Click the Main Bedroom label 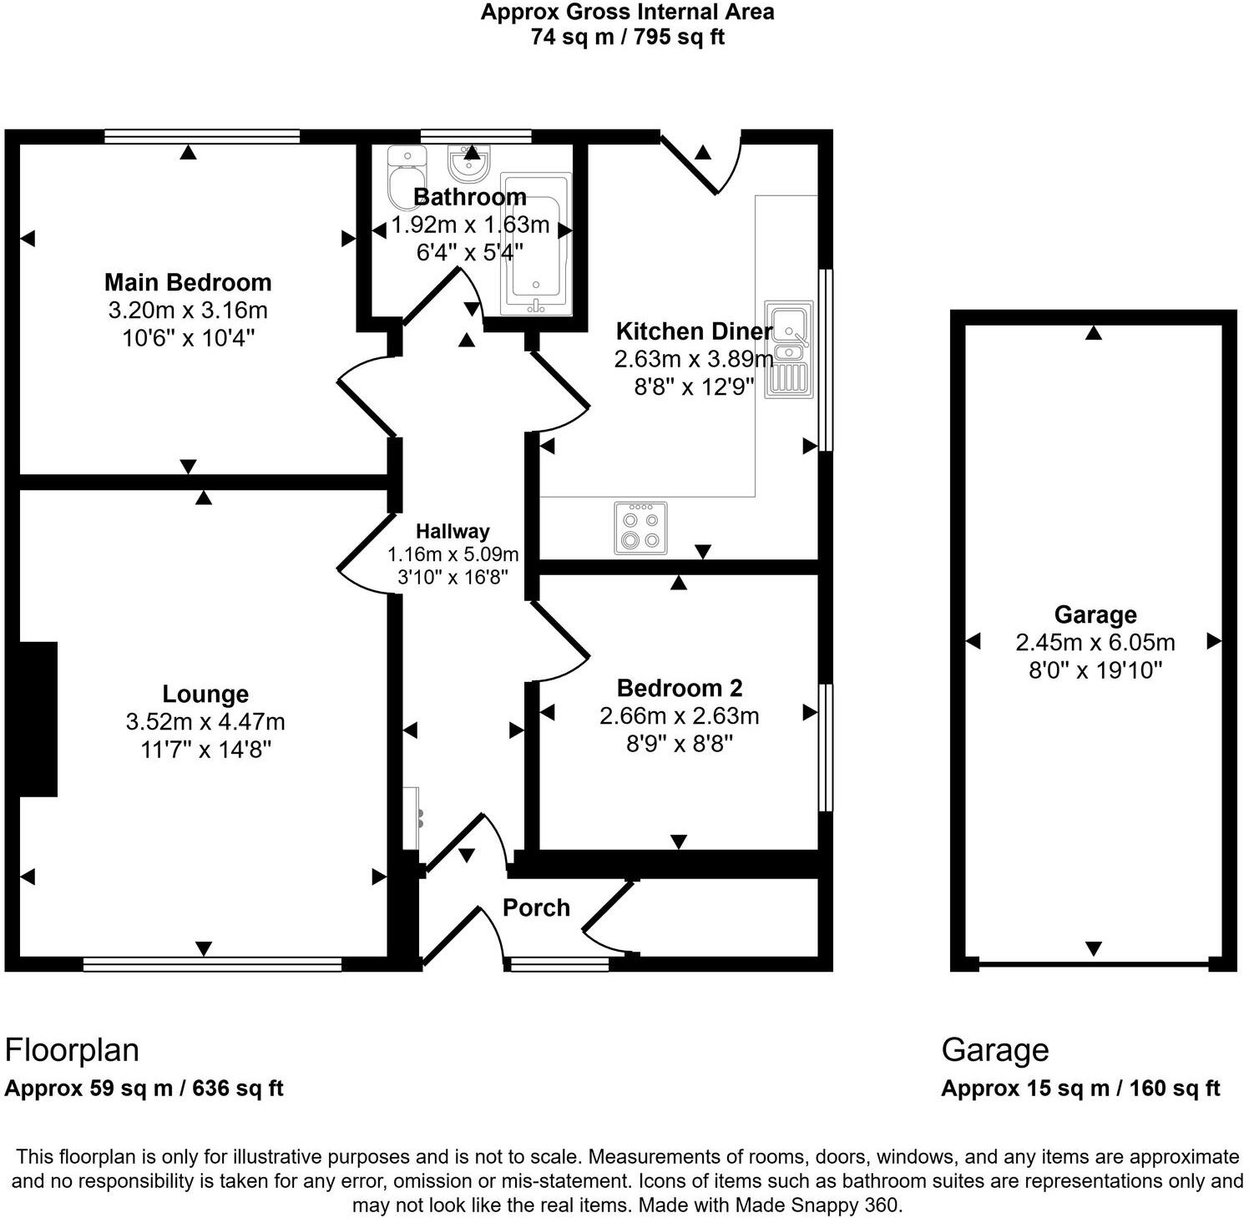tap(188, 282)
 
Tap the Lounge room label tap(205, 694)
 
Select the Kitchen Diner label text tap(694, 331)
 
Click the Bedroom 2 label tap(680, 688)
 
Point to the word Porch tap(536, 907)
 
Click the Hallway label tap(453, 531)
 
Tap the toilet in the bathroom tap(407, 177)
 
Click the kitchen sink tap(789, 347)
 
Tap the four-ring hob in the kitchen tap(640, 528)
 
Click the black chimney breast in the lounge tap(37, 719)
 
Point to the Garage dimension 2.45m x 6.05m tap(1095, 642)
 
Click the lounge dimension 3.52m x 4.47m tap(205, 721)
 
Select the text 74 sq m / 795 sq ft tap(627, 37)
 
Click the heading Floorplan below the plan tap(72, 1050)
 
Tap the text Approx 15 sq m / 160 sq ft tap(1080, 1089)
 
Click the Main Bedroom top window tap(202, 137)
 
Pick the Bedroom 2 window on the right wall tap(825, 747)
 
